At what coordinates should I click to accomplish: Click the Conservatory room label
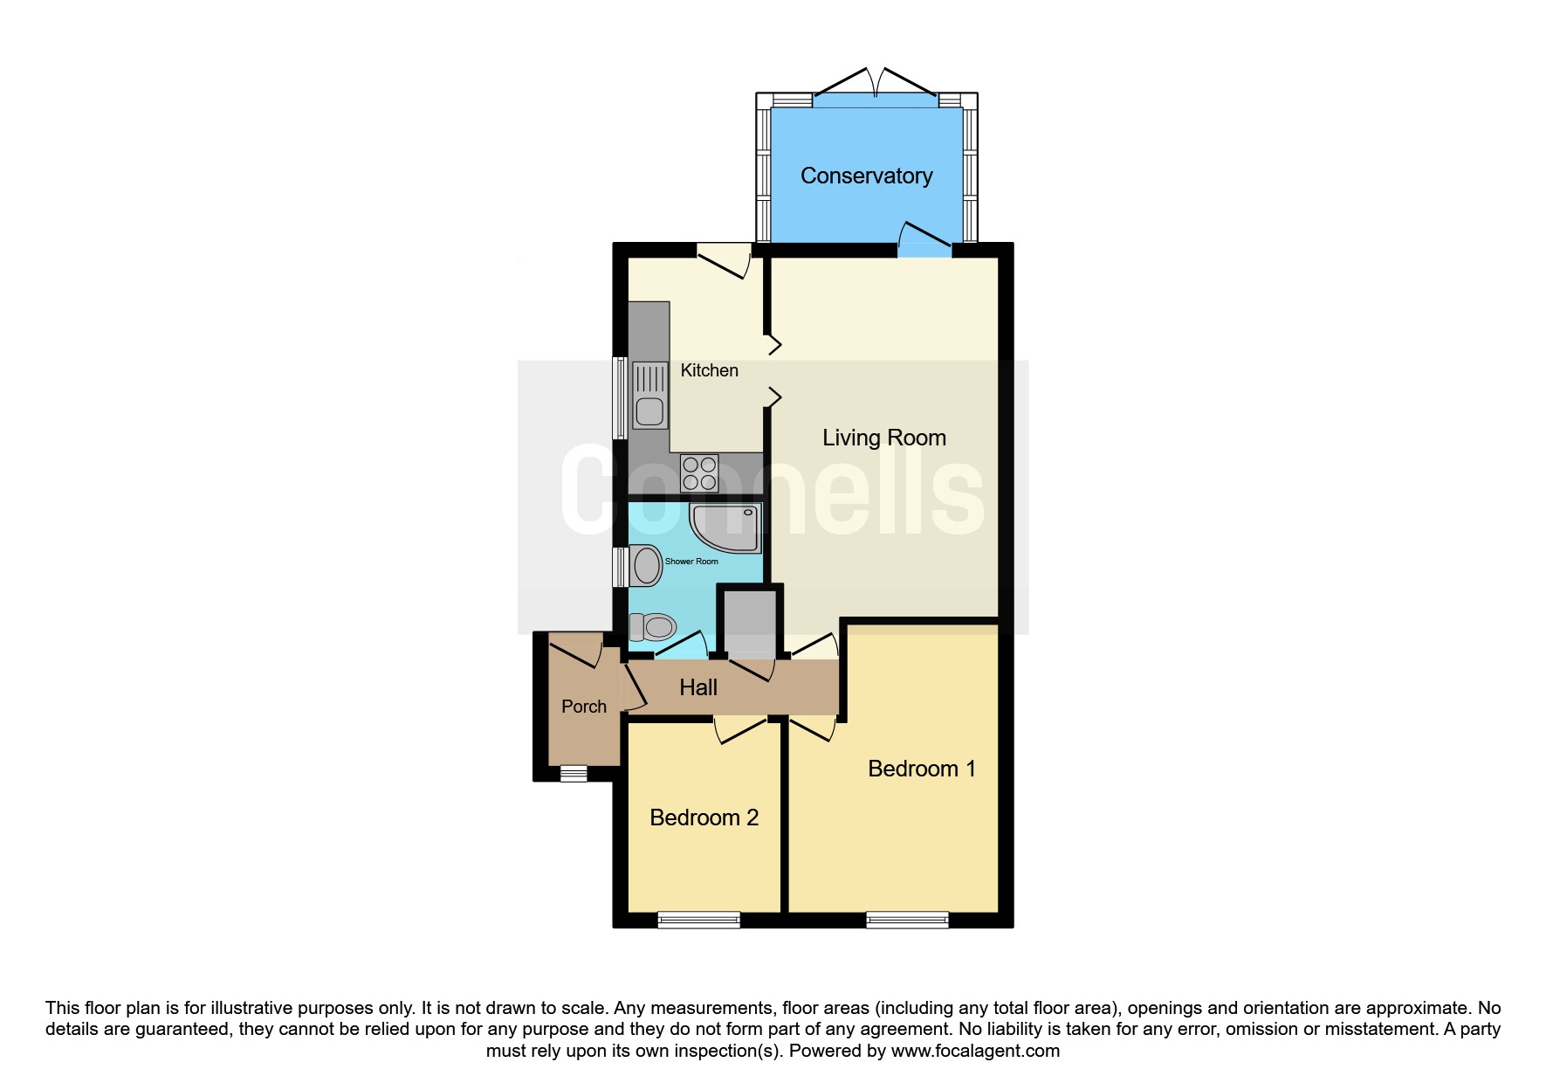866,176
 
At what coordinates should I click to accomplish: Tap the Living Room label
884,438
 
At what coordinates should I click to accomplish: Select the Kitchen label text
709,370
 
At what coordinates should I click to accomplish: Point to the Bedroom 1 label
921,769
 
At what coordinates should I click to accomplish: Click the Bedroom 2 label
704,817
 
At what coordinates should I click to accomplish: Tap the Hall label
698,688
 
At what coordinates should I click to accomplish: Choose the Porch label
583,707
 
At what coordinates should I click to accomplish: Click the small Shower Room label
691,562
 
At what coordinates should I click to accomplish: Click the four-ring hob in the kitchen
700,473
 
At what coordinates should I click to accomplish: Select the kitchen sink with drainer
649,395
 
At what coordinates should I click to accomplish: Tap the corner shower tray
725,528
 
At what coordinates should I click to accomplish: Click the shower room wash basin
646,565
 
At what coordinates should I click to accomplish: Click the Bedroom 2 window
699,920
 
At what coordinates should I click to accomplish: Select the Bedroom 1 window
908,920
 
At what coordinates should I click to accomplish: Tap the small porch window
574,774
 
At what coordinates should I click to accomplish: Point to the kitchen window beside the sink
621,397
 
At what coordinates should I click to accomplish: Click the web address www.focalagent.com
975,1051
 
